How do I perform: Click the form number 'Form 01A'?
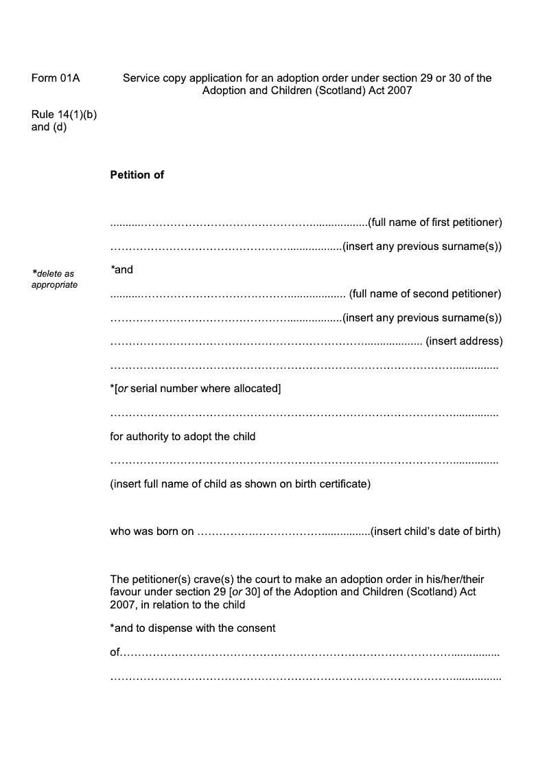[x=56, y=78]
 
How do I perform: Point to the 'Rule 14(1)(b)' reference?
[x=64, y=115]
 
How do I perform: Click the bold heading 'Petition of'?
[x=137, y=175]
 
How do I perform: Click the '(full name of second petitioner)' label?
[x=425, y=294]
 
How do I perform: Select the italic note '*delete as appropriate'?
[x=54, y=279]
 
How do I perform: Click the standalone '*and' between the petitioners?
[x=122, y=270]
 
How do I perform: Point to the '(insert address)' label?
[x=465, y=341]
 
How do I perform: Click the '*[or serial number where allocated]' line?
[x=196, y=389]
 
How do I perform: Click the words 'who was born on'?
[x=152, y=532]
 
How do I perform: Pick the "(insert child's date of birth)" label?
[x=436, y=532]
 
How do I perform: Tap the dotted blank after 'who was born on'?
[x=283, y=532]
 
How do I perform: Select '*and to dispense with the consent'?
[x=193, y=628]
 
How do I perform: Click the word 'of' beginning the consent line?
[x=115, y=652]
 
